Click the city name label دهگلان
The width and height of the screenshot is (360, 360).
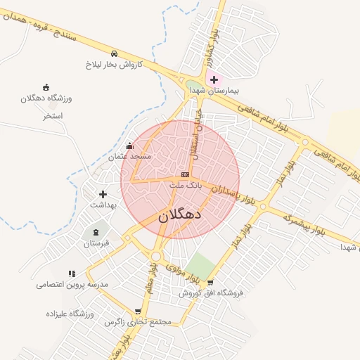pos(180,215)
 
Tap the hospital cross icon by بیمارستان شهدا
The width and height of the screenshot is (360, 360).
pos(214,80)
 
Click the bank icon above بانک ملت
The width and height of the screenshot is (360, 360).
pos(185,174)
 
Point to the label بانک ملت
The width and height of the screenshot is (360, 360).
pos(186,184)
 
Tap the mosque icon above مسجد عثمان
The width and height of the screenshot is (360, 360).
pos(129,146)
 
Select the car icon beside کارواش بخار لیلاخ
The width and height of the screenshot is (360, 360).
pos(114,53)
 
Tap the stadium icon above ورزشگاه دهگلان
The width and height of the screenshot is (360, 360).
pos(46,87)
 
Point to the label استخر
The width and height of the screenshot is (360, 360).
pos(53,115)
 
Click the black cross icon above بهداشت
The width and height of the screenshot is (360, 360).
pos(103,194)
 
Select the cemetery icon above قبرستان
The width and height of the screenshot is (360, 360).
pos(96,233)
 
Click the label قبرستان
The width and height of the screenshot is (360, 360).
pos(96,244)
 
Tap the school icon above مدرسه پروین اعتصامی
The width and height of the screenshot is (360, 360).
pos(72,274)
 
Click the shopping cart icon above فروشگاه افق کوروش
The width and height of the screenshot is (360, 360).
pos(210,283)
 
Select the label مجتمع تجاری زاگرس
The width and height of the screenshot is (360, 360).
pos(138,322)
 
